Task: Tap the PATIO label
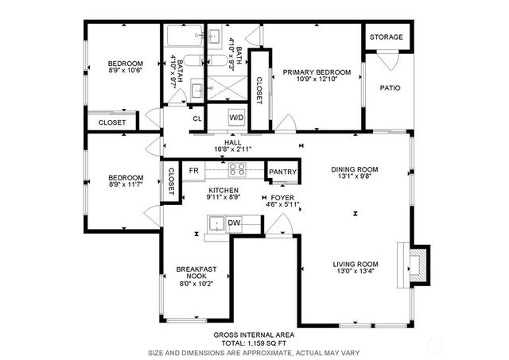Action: pos(389,87)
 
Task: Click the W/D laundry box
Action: pos(237,118)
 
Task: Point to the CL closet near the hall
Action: pos(196,118)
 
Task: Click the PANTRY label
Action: pos(282,172)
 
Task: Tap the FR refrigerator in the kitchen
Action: pos(193,171)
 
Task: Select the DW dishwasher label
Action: pos(234,223)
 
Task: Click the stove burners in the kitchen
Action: pos(237,170)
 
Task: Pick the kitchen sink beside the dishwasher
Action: pos(215,226)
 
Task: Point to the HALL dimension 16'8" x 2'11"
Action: pos(232,149)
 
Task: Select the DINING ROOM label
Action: pos(355,168)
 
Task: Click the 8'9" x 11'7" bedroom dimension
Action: pos(126,185)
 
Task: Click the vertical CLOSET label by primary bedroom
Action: pos(258,79)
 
